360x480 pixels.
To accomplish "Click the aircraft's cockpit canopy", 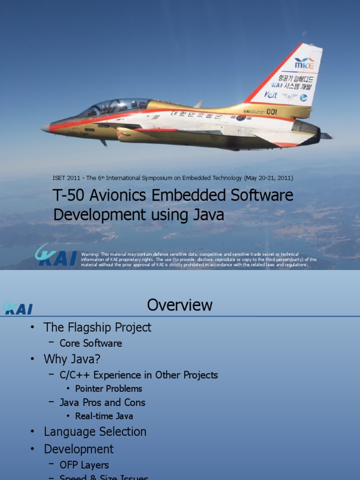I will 115,107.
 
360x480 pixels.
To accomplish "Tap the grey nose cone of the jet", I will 45,127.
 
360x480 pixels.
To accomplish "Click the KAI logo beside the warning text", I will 55,255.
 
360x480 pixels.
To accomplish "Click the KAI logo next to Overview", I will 18,308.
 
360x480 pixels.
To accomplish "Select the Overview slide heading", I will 180,305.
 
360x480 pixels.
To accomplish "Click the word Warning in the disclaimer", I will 90,254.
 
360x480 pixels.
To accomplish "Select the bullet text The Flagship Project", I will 97,327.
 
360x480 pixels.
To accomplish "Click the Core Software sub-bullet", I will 90,343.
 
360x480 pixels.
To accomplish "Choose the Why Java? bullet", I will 72,359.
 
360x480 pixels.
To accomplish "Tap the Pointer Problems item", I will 108,389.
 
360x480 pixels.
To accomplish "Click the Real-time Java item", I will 104,416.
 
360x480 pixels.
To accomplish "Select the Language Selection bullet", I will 95,432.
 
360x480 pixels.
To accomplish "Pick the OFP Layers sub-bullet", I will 84,465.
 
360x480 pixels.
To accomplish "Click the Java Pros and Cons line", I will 102,402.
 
